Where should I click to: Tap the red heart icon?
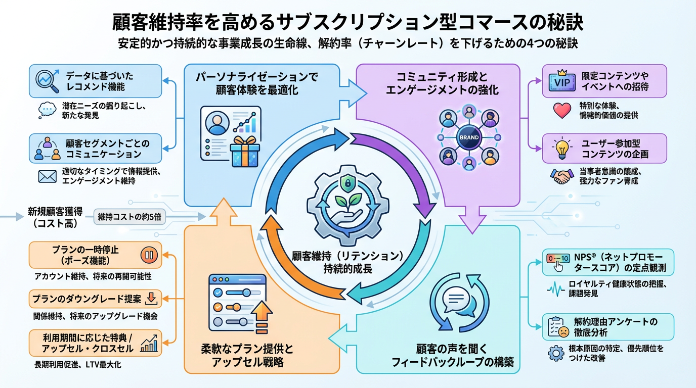click(562, 111)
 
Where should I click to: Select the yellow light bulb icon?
click(561, 148)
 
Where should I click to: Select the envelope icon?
click(47, 176)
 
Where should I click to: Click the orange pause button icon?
click(149, 255)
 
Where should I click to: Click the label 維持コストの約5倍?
click(129, 217)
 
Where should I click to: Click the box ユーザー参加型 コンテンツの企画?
click(604, 148)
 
